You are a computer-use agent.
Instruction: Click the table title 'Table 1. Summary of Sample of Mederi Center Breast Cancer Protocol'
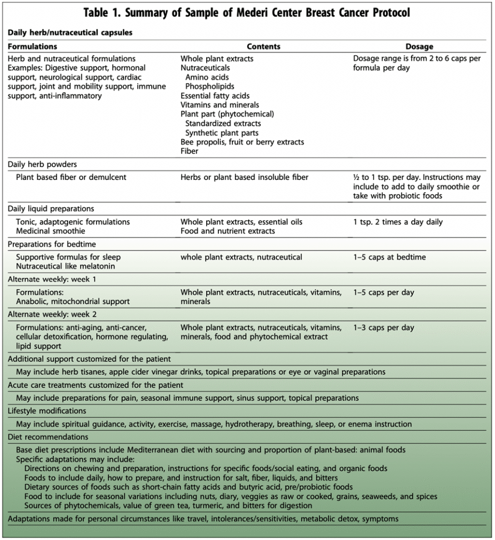point(247,13)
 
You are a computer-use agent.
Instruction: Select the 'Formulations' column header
point(33,46)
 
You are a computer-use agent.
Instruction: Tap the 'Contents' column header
point(264,46)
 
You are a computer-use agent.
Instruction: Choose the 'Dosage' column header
point(419,46)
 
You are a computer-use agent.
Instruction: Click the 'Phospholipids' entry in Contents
point(210,86)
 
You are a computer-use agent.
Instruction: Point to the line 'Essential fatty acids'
point(215,95)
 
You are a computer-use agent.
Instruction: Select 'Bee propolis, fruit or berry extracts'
point(242,142)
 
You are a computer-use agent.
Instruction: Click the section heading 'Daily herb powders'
point(42,165)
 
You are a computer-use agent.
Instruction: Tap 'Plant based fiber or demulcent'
point(71,177)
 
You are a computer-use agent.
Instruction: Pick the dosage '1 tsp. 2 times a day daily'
point(398,222)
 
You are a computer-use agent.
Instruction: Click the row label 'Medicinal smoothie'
point(50,231)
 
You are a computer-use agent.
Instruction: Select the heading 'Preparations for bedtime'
point(52,244)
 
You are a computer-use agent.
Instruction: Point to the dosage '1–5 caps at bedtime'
point(390,257)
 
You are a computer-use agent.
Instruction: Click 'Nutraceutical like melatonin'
point(65,266)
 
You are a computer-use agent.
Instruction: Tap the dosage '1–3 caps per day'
point(384,327)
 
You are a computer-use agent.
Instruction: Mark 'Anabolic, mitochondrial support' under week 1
point(73,302)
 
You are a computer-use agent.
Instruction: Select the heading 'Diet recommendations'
point(48,437)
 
